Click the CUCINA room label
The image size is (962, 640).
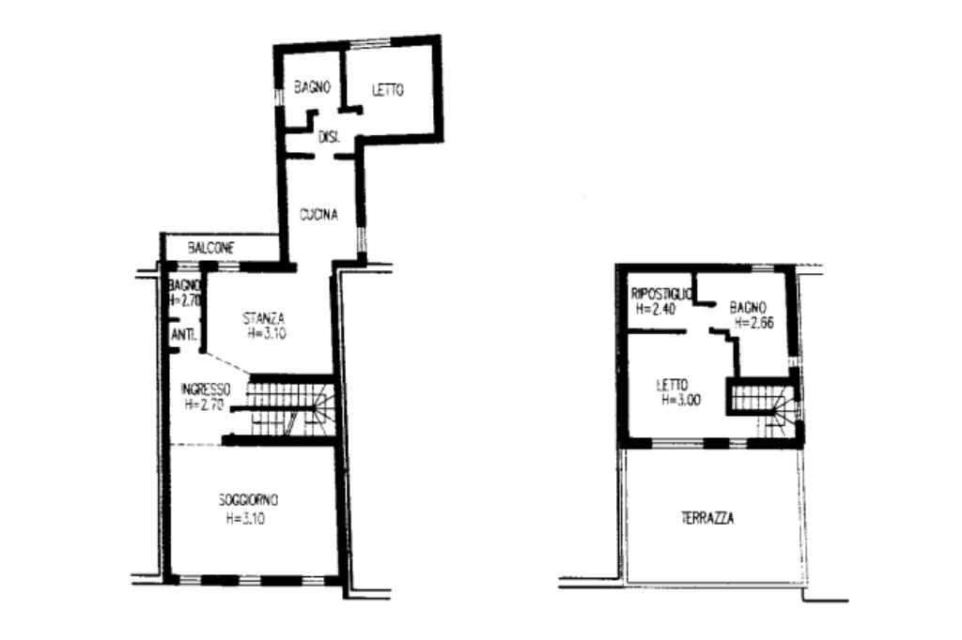click(318, 215)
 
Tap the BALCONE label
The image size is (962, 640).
click(210, 249)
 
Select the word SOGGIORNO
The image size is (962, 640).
click(248, 500)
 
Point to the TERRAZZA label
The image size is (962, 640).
click(707, 519)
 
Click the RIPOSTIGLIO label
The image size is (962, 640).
click(662, 295)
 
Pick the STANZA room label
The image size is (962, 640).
click(264, 319)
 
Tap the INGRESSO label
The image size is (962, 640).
click(206, 389)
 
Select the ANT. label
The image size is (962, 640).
click(183, 335)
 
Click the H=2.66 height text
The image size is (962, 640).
click(754, 323)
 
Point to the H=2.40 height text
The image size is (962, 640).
click(656, 310)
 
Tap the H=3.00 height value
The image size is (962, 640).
click(681, 401)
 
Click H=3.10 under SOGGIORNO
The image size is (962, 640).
click(245, 519)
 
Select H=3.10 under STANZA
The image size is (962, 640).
click(267, 334)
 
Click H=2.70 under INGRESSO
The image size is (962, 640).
click(204, 404)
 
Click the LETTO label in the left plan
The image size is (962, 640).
click(388, 90)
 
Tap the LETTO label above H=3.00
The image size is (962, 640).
click(672, 386)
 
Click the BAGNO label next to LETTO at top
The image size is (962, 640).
click(312, 87)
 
